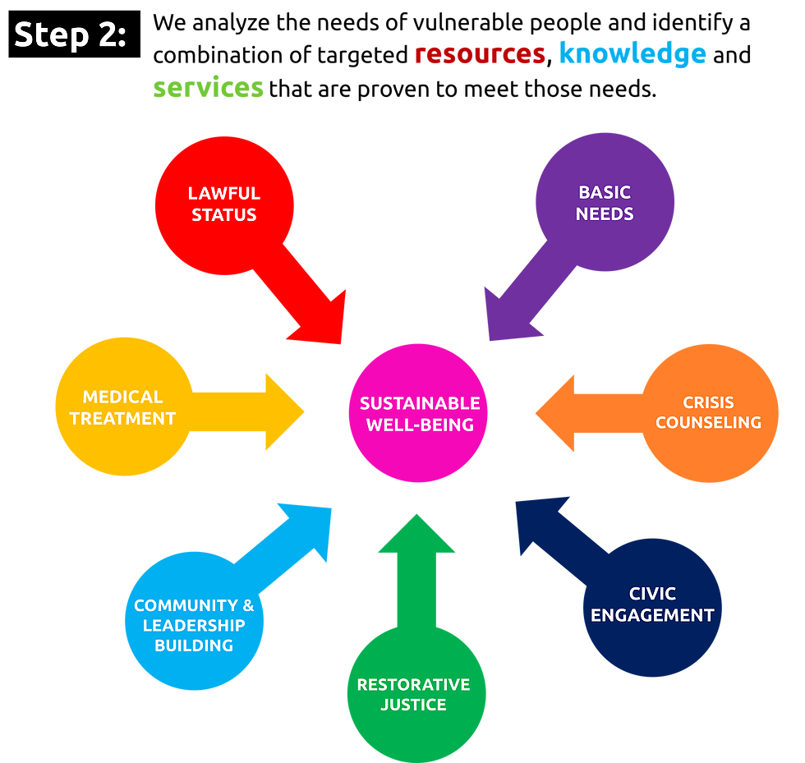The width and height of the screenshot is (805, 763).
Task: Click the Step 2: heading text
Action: pos(70,34)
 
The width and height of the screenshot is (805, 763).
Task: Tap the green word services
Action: pos(209,88)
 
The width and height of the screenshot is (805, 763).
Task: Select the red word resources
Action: pos(480,54)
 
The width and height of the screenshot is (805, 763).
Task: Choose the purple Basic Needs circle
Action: pos(605,202)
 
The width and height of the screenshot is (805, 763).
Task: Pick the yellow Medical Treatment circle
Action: pos(123,407)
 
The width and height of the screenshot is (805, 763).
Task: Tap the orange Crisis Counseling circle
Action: pos(710,412)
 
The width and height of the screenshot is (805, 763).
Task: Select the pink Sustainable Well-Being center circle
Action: pos(419,413)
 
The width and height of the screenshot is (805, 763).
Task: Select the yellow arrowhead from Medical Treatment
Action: pos(283,411)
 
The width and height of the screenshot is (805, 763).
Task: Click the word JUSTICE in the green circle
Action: pos(413,705)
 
